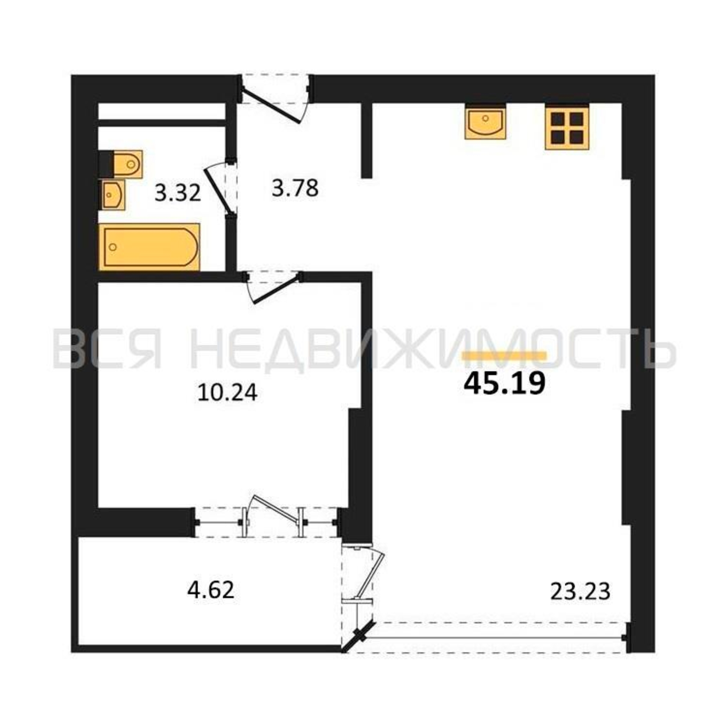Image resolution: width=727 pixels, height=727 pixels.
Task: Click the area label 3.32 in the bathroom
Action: point(178,194)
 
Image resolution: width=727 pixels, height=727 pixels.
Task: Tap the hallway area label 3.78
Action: point(295,188)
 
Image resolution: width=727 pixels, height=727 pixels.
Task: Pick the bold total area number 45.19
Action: point(505,384)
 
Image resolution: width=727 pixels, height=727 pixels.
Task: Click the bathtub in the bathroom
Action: point(149,246)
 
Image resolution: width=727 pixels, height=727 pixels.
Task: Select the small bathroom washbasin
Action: point(113,194)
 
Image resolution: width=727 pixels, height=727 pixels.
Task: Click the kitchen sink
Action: point(485,122)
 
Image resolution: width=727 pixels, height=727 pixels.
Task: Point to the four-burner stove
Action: point(567,128)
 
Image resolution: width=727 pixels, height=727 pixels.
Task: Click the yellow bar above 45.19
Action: point(504,356)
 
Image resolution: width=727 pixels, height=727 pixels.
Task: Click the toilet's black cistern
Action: point(106,164)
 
